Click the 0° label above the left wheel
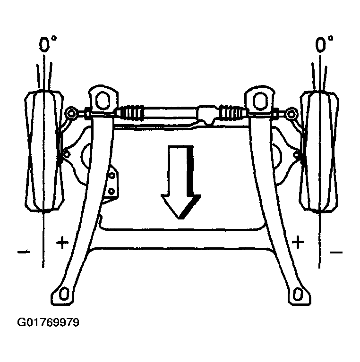47,44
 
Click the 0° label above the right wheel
324,44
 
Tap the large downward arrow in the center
180,182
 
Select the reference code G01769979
48,322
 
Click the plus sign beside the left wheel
62,243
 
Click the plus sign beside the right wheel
298,243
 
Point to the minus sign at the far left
24,252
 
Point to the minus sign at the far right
336,253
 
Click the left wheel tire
44,151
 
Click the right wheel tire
319,152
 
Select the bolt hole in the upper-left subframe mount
103,100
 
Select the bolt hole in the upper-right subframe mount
260,101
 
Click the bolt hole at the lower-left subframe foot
64,294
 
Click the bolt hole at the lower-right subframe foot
298,295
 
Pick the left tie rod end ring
71,113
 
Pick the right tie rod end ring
291,114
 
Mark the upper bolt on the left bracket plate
112,176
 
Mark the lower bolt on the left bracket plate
111,192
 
